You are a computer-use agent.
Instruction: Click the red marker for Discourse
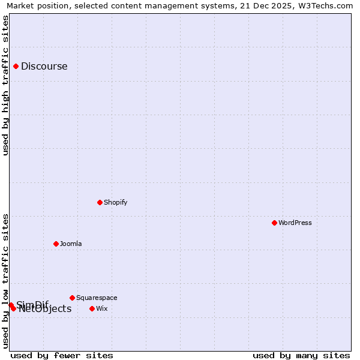(16, 67)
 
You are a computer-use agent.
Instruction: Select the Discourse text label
(44, 67)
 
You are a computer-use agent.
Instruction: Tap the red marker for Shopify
(100, 202)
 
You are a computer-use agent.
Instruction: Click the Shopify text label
(116, 203)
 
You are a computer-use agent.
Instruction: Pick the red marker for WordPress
(274, 223)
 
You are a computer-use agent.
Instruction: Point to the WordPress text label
(295, 223)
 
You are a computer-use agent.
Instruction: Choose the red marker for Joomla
(56, 244)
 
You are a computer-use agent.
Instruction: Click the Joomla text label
(71, 244)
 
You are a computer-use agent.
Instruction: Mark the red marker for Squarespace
(72, 298)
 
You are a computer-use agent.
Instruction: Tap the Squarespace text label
(97, 298)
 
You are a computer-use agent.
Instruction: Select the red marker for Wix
(92, 308)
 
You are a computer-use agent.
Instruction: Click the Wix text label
(102, 309)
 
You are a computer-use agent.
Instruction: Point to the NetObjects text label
(46, 310)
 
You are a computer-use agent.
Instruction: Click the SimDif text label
(32, 304)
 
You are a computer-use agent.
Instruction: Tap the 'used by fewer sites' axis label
(62, 356)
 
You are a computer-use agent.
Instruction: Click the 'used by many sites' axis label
(301, 356)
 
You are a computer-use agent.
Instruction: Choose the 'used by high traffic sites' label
(6, 85)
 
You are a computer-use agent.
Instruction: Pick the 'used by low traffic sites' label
(6, 281)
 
